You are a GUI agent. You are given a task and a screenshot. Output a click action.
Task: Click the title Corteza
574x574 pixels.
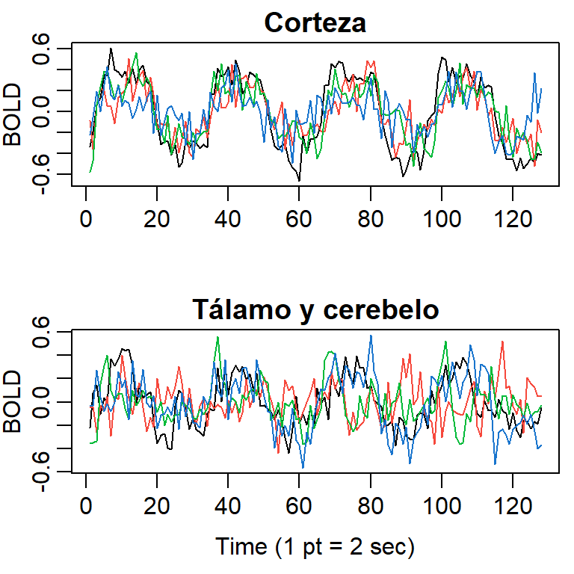(315, 23)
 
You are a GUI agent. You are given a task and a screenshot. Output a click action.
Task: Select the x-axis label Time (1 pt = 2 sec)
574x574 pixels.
(315, 546)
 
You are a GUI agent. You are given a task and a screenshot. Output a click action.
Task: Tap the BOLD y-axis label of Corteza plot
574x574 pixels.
(13, 112)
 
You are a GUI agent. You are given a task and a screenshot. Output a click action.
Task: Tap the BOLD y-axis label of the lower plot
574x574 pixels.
(13, 401)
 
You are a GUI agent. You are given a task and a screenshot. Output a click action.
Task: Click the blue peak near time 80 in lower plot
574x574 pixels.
(370, 336)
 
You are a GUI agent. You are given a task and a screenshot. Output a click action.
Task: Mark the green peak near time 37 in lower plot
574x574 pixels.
(217, 337)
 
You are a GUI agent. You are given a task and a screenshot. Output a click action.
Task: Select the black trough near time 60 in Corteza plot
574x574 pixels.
(300, 180)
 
